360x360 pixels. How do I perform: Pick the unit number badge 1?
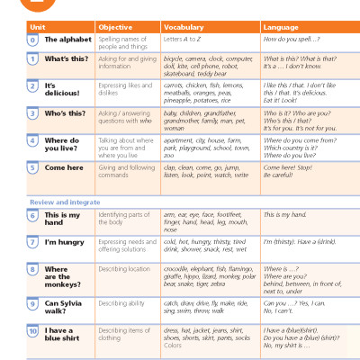tap(32, 58)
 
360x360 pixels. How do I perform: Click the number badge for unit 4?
tap(32, 140)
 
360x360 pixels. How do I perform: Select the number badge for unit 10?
tap(32, 333)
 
